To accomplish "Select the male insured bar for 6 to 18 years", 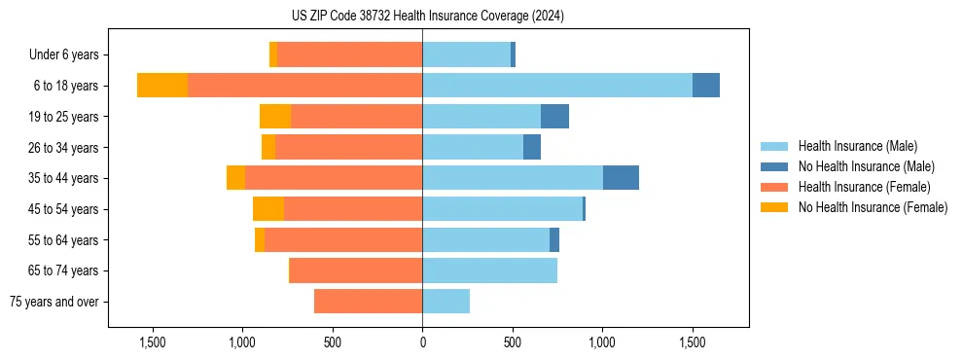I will pyautogui.click(x=557, y=86).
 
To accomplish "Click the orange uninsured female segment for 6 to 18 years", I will pyautogui.click(x=162, y=86).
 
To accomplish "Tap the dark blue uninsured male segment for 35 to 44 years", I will pyautogui.click(x=621, y=178).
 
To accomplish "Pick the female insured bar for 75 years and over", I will pyautogui.click(x=368, y=302).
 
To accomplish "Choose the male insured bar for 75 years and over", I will pyautogui.click(x=446, y=302).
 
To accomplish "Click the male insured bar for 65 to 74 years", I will pyautogui.click(x=489, y=270).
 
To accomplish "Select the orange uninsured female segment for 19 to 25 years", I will pyautogui.click(x=275, y=117).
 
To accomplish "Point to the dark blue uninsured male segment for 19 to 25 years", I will pyautogui.click(x=554, y=117).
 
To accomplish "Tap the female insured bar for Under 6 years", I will pyautogui.click(x=349, y=54).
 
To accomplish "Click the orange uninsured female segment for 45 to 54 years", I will pyautogui.click(x=268, y=209).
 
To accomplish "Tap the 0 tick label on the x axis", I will pyautogui.click(x=422, y=342).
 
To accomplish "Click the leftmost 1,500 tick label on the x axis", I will pyautogui.click(x=152, y=342).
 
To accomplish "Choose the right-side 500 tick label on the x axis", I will pyautogui.click(x=512, y=342).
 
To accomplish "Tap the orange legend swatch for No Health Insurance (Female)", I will pyautogui.click(x=774, y=207).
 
